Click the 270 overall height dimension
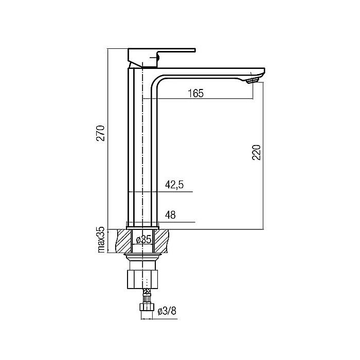101,133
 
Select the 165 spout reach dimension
196,93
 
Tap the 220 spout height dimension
257,152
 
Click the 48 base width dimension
170,215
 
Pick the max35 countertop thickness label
101,240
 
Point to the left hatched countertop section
124,240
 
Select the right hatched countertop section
161,240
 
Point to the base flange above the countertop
142,225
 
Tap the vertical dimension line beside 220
263,154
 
